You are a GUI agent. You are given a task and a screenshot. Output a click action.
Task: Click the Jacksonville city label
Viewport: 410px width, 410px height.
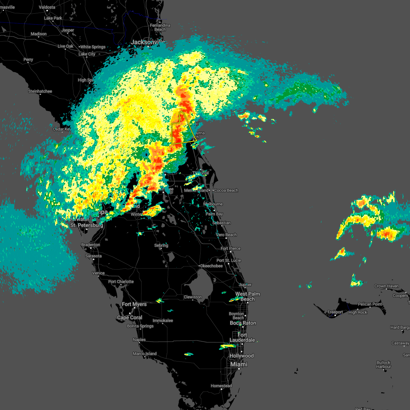tap(148, 42)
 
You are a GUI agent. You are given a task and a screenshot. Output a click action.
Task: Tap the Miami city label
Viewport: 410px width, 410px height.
tap(239, 364)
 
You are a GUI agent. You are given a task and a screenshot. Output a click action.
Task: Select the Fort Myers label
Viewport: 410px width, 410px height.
tap(134, 304)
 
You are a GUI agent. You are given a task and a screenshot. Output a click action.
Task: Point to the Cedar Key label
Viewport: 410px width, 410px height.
tap(62, 129)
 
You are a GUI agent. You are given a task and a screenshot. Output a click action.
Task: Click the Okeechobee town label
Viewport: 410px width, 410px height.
tap(211, 266)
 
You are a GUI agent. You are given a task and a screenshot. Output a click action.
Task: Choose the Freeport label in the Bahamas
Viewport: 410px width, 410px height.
tap(335, 312)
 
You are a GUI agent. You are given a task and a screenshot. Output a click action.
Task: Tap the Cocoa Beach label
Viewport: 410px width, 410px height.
tap(226, 190)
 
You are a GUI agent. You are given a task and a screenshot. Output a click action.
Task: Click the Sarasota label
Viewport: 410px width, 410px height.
tap(93, 256)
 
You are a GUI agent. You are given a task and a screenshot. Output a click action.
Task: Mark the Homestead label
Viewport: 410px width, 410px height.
tap(221, 386)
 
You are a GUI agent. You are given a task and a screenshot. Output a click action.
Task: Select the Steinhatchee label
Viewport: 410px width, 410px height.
tap(40, 91)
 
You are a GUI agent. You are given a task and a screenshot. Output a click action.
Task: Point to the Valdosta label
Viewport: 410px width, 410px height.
tap(47, 7)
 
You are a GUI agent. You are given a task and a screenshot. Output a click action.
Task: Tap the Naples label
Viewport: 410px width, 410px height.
tap(139, 340)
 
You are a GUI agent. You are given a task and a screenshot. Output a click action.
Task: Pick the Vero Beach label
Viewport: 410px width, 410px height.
tap(226, 235)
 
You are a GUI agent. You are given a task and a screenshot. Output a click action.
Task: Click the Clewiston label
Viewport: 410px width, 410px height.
tap(193, 297)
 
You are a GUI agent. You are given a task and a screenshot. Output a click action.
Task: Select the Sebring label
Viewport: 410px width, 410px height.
tap(161, 245)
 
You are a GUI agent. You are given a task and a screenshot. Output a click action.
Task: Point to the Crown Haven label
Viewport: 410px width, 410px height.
tap(386, 286)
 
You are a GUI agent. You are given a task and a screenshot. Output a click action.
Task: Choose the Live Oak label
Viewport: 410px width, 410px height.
tap(65, 46)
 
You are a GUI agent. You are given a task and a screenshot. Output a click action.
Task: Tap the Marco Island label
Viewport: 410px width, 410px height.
tap(145, 354)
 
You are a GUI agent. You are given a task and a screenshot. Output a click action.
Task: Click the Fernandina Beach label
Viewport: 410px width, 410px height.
tap(160, 27)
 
